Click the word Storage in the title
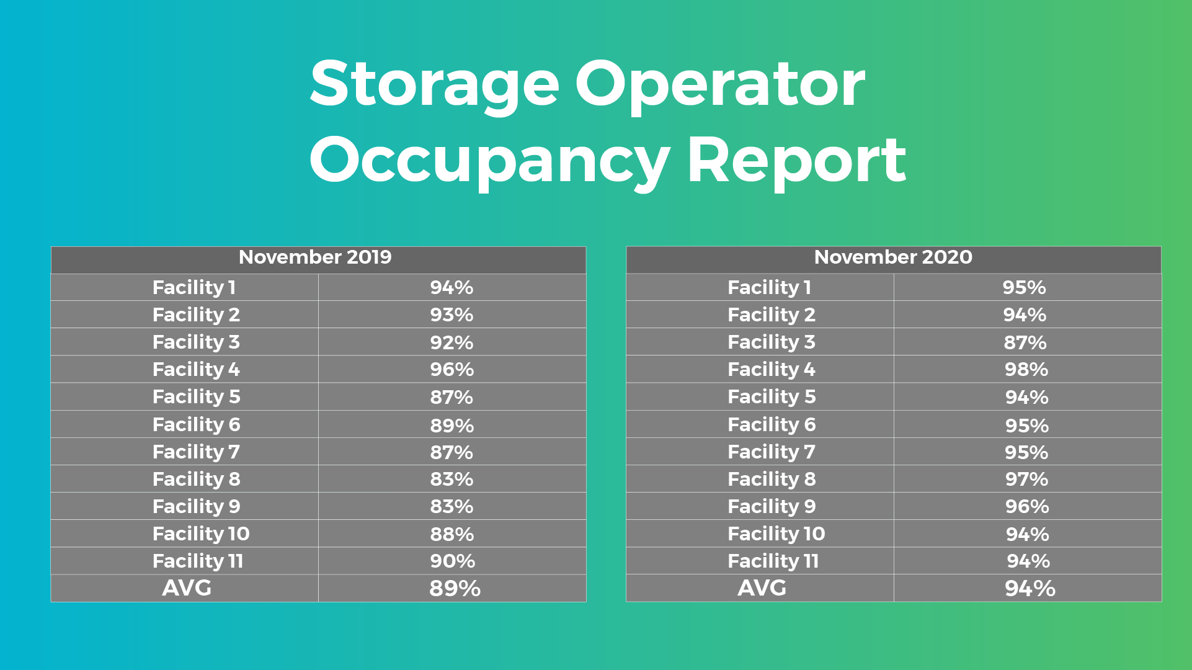pos(435,86)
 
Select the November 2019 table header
pos(315,257)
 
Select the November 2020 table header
pos(893,257)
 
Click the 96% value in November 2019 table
pos(452,369)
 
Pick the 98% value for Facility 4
pos(1026,369)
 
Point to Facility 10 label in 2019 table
pos(201,534)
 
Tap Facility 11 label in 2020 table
pos(773,561)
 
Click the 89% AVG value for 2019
pos(455,588)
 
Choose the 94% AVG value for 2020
pos(1030,588)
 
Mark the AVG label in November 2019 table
pos(187,587)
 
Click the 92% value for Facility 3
pos(451,342)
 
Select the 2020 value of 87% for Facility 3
pos(1025,342)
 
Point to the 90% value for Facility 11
pos(453,561)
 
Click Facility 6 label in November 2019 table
pos(197,424)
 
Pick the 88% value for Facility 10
pos(452,534)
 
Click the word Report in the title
pos(797,161)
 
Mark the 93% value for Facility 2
pos(451,315)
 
